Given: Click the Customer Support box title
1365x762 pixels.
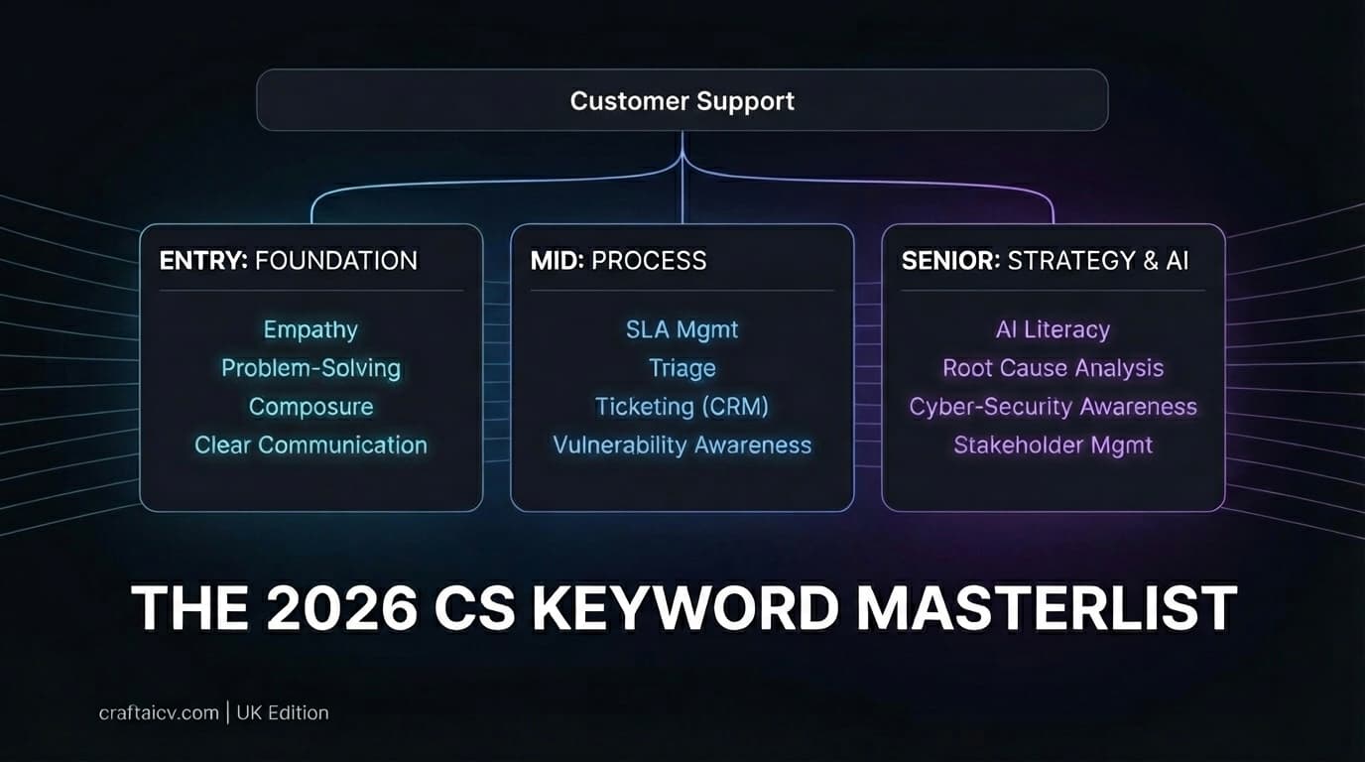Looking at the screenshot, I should coord(682,101).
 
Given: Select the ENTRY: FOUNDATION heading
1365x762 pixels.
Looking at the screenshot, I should coord(289,261).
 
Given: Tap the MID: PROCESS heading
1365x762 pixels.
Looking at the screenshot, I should coord(619,261).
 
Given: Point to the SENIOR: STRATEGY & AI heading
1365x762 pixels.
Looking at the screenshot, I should coord(1045,261).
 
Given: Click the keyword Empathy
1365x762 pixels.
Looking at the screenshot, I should coord(310,329).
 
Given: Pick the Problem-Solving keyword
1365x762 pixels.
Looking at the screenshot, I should coord(310,368).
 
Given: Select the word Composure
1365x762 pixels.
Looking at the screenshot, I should coord(310,407).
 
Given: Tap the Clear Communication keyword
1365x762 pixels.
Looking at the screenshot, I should coord(310,445).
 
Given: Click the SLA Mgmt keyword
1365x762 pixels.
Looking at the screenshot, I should coord(682,329).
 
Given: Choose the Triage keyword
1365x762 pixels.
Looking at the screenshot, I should coord(682,368).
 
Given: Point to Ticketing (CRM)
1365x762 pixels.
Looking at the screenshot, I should coord(682,407).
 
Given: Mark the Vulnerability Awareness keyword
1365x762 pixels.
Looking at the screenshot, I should coord(682,445).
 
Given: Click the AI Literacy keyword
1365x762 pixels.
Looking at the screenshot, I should coord(1053,329).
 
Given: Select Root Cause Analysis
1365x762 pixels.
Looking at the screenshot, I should coord(1053,368).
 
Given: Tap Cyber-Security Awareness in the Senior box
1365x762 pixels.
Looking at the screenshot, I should coord(1053,407).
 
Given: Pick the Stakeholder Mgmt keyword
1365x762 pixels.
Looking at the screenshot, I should coord(1053,445).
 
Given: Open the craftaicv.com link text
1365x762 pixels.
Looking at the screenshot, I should coord(159,712).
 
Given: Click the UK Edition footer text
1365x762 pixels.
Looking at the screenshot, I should coord(283,712).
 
